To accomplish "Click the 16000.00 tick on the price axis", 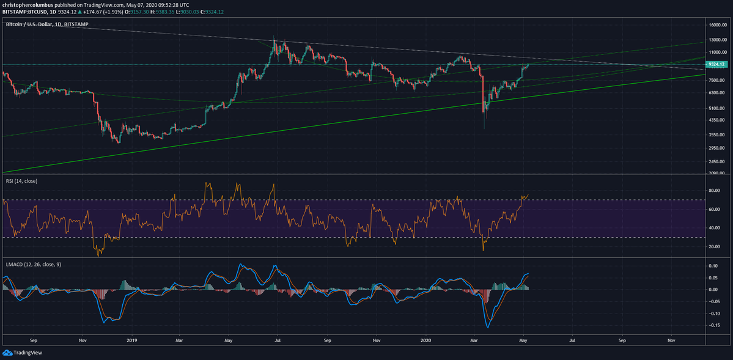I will [716, 25].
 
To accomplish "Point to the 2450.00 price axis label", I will [716, 161].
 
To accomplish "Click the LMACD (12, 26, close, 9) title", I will [33, 264].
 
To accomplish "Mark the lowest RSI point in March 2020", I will [484, 250].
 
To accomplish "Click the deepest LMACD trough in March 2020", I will [487, 328].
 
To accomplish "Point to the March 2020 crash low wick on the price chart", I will [484, 128].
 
